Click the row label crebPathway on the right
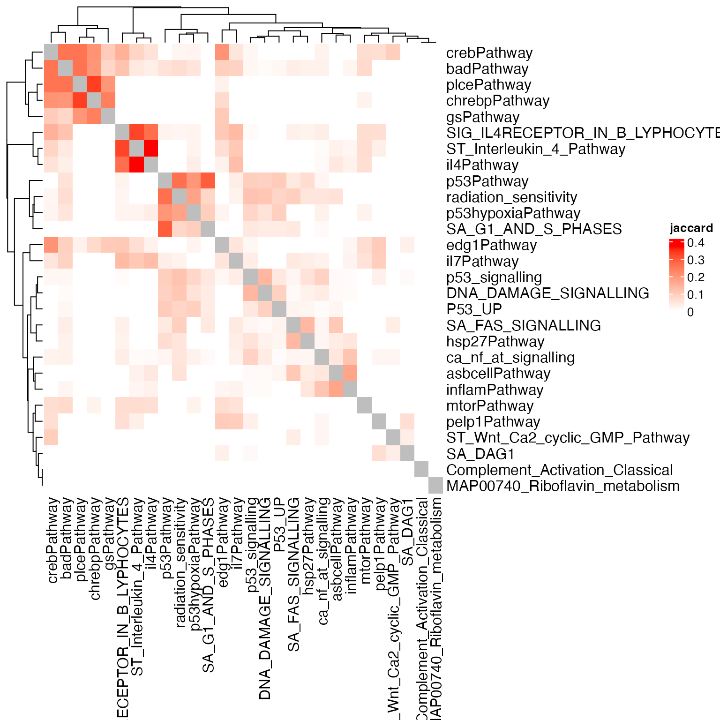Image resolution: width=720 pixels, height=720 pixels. [x=489, y=53]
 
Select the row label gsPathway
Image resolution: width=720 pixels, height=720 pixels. [x=483, y=117]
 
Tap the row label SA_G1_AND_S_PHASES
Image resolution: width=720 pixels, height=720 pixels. [x=534, y=229]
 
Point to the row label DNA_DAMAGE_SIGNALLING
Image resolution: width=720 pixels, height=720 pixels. [x=547, y=293]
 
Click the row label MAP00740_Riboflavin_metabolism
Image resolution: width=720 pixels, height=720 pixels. [x=562, y=486]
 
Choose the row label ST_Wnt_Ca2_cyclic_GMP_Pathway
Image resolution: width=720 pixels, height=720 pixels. [x=568, y=438]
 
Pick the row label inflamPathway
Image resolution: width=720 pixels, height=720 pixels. [x=495, y=390]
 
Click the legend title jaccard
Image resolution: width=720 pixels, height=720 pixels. [x=691, y=228]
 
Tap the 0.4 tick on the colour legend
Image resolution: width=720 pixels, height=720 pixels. [x=696, y=243]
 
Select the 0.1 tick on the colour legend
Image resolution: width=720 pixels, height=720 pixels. [x=696, y=295]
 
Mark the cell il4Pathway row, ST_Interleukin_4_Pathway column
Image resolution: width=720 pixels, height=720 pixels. [x=136, y=165]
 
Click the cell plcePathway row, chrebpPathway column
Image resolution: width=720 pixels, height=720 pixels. [x=94, y=84]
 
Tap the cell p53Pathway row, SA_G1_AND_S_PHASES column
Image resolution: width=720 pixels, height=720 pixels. [x=208, y=181]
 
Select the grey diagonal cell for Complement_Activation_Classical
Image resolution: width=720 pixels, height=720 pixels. [x=421, y=470]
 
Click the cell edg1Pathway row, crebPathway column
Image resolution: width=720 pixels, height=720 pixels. [x=51, y=245]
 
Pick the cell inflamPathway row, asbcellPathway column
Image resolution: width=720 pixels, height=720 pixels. [x=336, y=390]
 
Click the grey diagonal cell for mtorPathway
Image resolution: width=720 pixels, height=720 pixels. [x=365, y=405]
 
